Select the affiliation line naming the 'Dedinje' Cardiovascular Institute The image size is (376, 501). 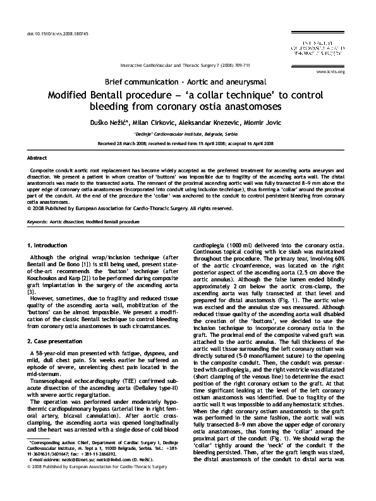pos(188,134)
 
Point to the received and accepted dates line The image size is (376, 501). pos(188,144)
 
